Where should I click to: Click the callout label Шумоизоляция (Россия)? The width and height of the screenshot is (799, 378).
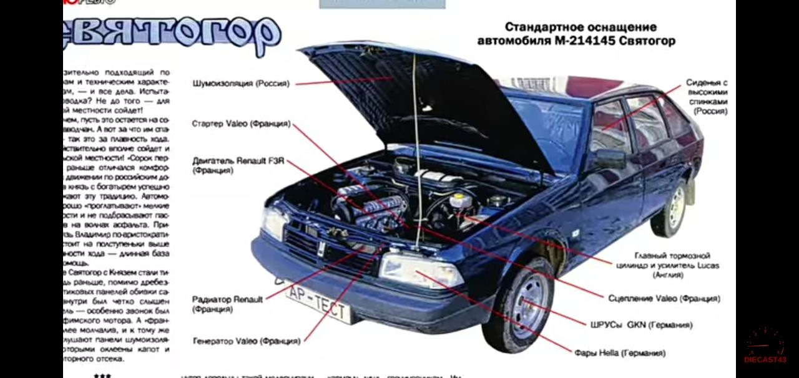[241, 84]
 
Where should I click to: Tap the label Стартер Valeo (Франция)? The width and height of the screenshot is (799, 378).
[241, 124]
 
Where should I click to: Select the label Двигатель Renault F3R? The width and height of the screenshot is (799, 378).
[238, 161]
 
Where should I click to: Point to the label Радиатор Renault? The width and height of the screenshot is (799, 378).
[227, 300]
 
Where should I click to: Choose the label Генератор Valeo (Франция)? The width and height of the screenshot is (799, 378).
[246, 341]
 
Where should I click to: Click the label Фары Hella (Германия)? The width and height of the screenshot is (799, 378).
[619, 353]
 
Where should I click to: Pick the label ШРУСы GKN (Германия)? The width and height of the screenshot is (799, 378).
[640, 325]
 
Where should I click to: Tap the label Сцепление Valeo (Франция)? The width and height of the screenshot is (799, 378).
[664, 299]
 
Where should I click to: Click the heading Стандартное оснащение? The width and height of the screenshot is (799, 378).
[580, 27]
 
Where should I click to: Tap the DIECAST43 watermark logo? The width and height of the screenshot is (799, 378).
[765, 346]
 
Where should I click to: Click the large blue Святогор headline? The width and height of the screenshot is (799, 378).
[172, 32]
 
